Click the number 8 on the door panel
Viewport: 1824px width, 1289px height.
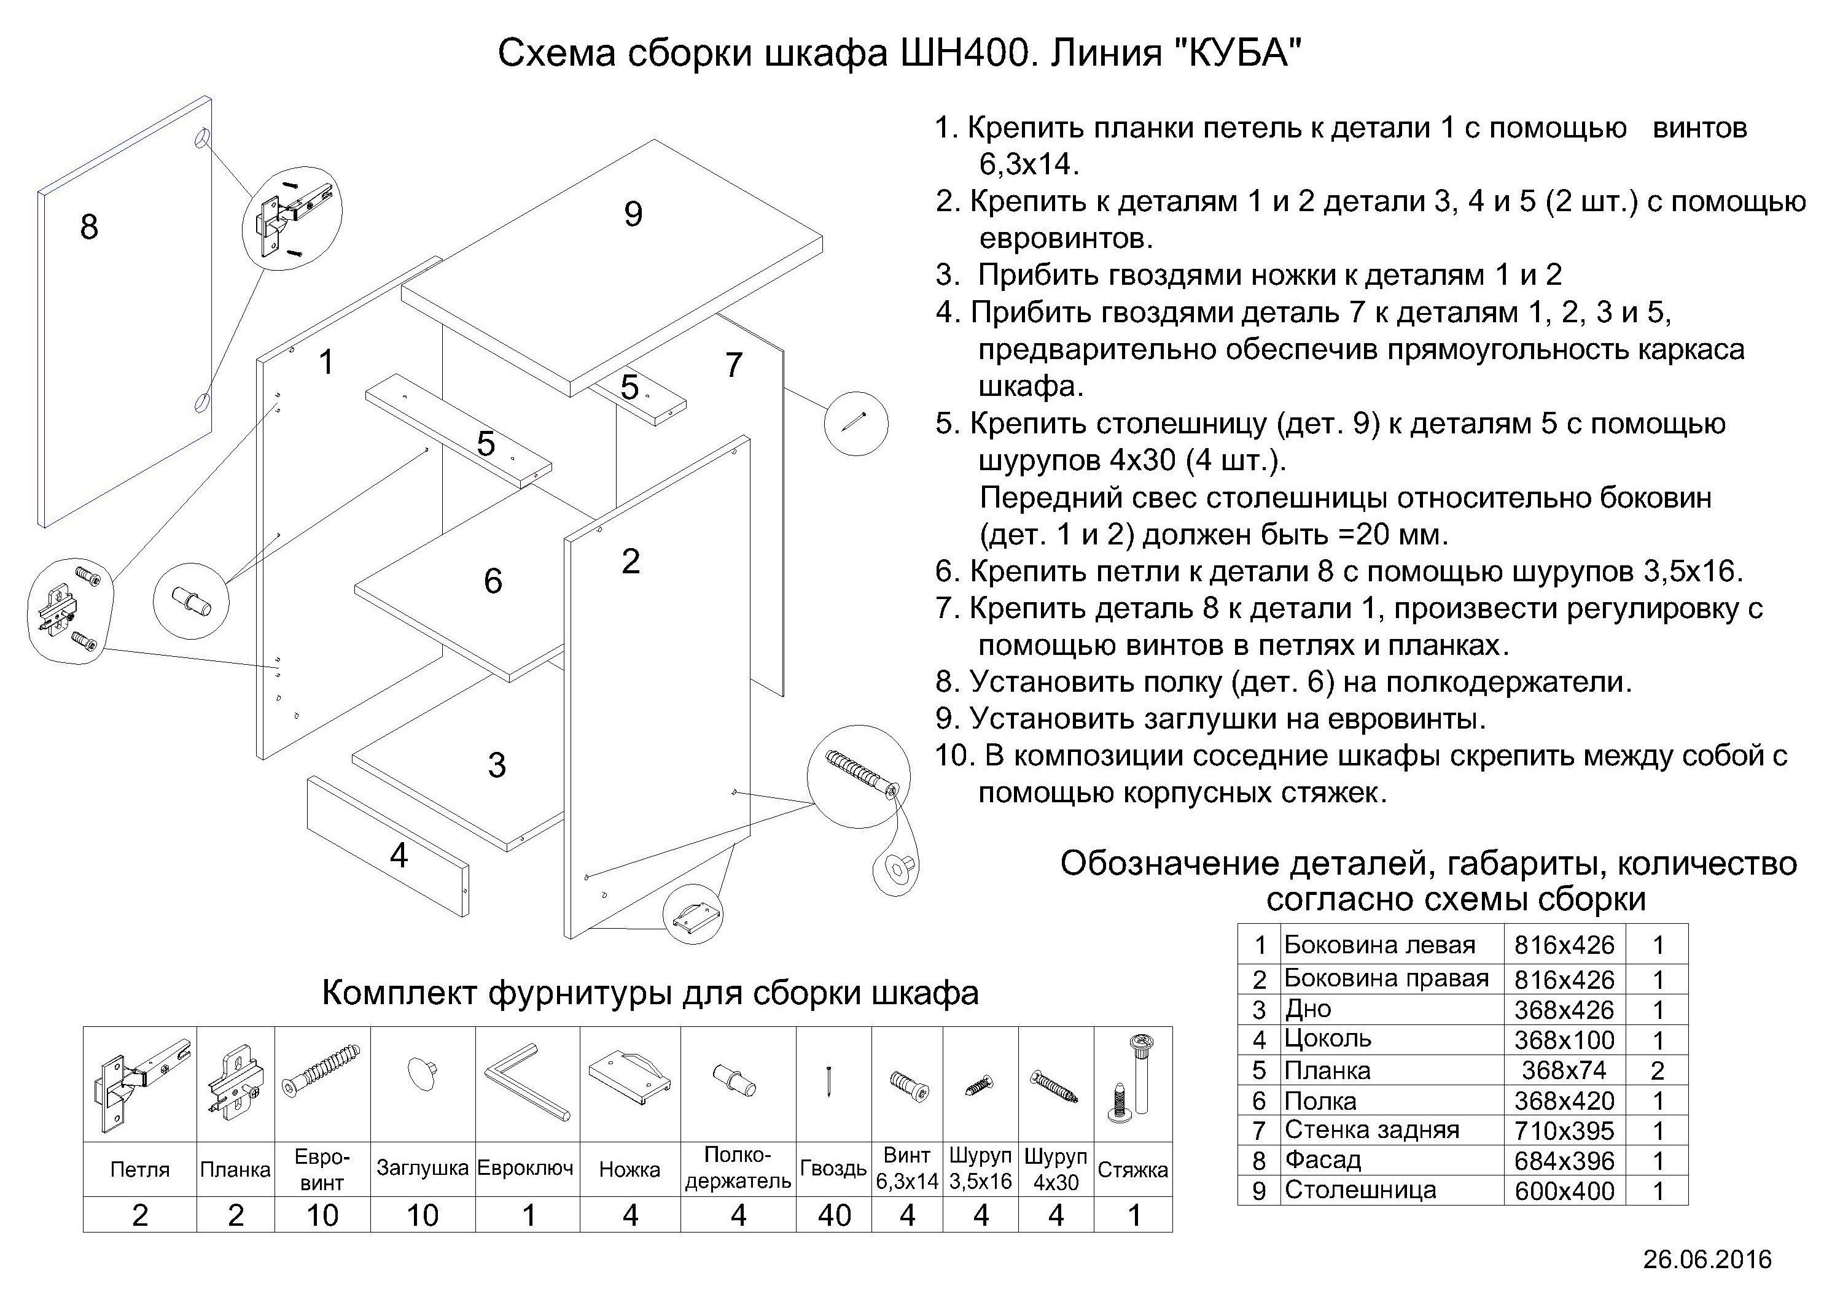point(89,227)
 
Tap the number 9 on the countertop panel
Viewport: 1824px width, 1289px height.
point(633,214)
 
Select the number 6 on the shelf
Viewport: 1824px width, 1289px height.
point(493,581)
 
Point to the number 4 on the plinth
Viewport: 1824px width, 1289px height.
point(399,856)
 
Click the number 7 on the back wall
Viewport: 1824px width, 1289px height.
point(733,365)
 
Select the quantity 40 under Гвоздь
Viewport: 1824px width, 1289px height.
point(833,1215)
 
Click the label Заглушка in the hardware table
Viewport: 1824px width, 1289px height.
point(422,1168)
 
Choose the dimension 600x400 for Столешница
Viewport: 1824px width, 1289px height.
point(1564,1191)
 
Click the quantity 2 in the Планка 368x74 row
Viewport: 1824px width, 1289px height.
point(1656,1070)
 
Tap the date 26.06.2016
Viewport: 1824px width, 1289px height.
point(1707,1260)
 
